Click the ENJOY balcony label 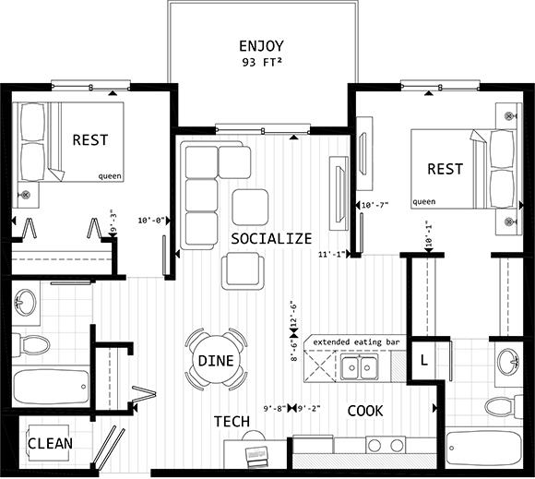(261, 46)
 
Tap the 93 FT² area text (262, 63)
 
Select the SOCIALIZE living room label (271, 239)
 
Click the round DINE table (216, 360)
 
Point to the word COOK (365, 411)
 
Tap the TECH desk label (232, 422)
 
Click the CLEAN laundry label (50, 444)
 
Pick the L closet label (423, 360)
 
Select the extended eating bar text (356, 341)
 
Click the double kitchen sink (360, 367)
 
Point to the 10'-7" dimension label (374, 205)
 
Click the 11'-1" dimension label (332, 255)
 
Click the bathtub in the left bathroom (51, 386)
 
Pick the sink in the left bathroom (25, 303)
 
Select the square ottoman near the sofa (250, 207)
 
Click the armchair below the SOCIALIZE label (243, 270)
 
